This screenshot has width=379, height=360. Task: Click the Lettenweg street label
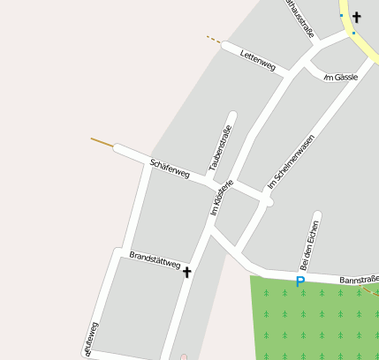(x=258, y=60)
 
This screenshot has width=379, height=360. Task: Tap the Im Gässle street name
(x=340, y=78)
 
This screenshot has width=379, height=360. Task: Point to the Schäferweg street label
(x=170, y=169)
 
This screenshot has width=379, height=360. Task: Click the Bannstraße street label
(x=359, y=280)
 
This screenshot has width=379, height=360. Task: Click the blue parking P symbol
(x=299, y=282)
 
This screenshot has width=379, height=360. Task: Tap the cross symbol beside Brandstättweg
(x=186, y=273)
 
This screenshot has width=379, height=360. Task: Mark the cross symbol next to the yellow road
(x=357, y=17)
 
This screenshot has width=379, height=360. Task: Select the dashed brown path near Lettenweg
(x=214, y=39)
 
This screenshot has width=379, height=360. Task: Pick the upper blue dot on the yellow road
(x=341, y=15)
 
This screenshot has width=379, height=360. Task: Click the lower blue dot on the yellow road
(x=352, y=33)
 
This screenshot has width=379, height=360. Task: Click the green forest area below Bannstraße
(x=318, y=322)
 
